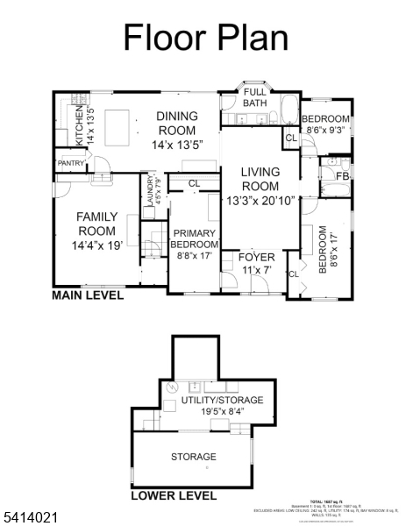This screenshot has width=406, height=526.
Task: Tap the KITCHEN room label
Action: (x=79, y=126)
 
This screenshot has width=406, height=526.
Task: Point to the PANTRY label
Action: (x=70, y=163)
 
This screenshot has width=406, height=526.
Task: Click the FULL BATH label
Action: (x=254, y=97)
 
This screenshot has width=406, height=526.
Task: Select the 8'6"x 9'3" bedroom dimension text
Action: (x=325, y=129)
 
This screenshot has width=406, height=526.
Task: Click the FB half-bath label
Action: (x=343, y=176)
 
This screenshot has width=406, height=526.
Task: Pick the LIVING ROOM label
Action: (x=260, y=179)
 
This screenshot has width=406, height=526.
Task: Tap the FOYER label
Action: (x=257, y=257)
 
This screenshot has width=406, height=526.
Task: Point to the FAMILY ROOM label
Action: (x=96, y=223)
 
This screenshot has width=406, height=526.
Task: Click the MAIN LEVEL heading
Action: (x=88, y=296)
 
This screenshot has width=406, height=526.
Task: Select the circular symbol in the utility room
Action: (x=173, y=387)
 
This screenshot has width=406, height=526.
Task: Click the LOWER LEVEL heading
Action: (x=174, y=495)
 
